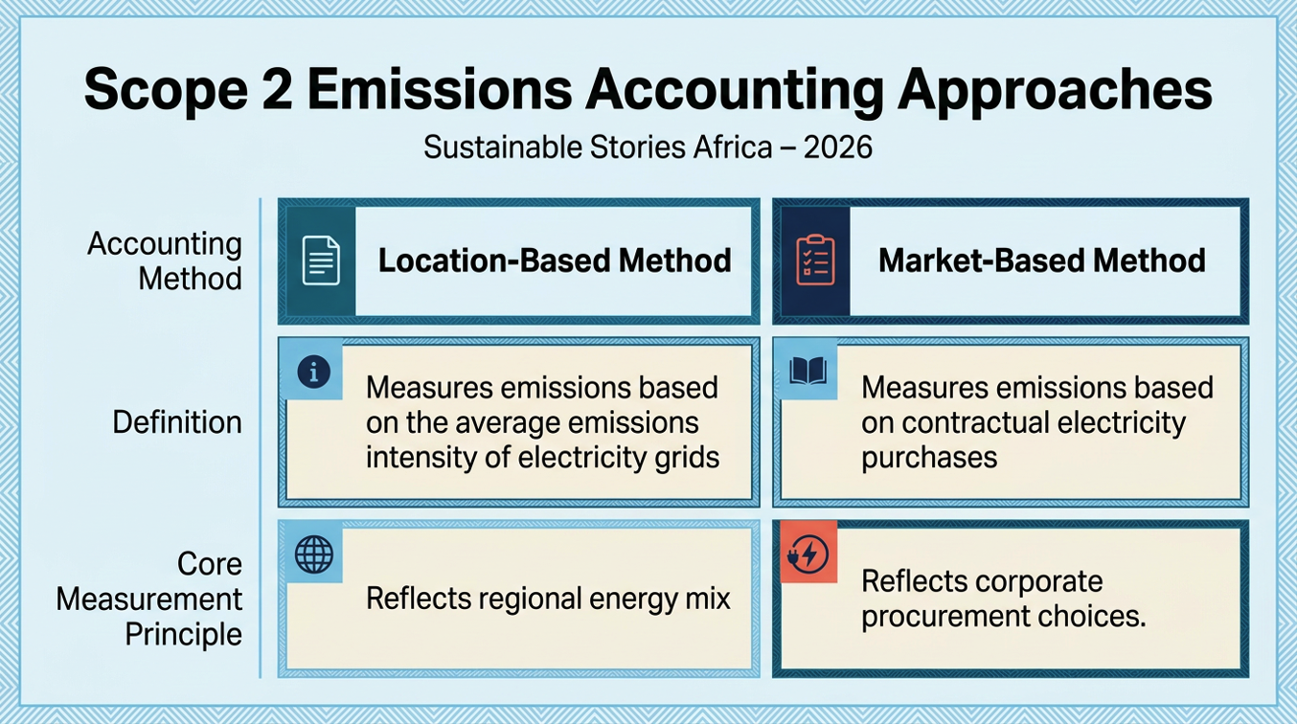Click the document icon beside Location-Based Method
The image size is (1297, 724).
(321, 260)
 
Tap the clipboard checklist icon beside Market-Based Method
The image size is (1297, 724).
(815, 260)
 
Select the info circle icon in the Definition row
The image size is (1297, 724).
(314, 372)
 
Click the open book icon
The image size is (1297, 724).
(808, 371)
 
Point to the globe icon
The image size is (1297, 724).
(314, 554)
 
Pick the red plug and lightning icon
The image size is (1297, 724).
(808, 554)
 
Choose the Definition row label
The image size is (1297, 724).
(177, 422)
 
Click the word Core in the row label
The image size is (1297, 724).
(210, 563)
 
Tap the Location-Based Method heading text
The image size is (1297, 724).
(555, 260)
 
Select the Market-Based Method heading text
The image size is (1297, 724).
(1041, 260)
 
